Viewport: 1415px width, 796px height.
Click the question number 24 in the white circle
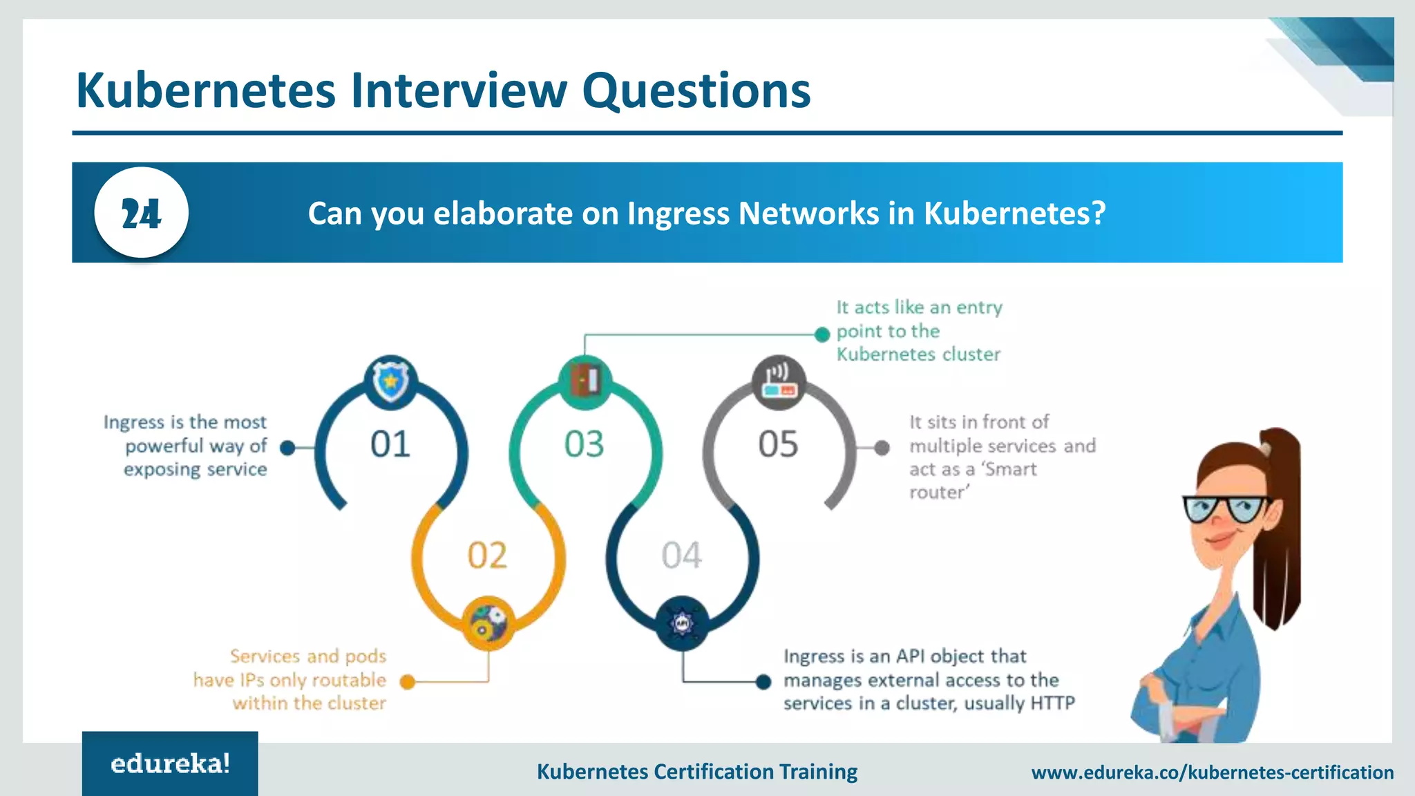click(141, 214)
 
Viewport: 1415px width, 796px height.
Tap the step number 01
click(390, 444)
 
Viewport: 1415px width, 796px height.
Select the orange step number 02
click(487, 556)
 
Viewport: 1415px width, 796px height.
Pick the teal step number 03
click(585, 444)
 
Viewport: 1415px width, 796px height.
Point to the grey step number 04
click(681, 556)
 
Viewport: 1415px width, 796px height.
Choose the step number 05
click(778, 444)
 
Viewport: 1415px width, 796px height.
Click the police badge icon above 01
click(391, 381)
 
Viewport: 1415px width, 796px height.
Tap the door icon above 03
click(585, 381)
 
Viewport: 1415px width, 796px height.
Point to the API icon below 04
click(682, 623)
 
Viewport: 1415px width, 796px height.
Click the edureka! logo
click(170, 764)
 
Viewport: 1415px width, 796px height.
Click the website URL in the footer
click(1212, 773)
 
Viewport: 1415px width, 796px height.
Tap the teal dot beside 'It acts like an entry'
click(822, 334)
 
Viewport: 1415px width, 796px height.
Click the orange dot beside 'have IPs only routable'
click(408, 682)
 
